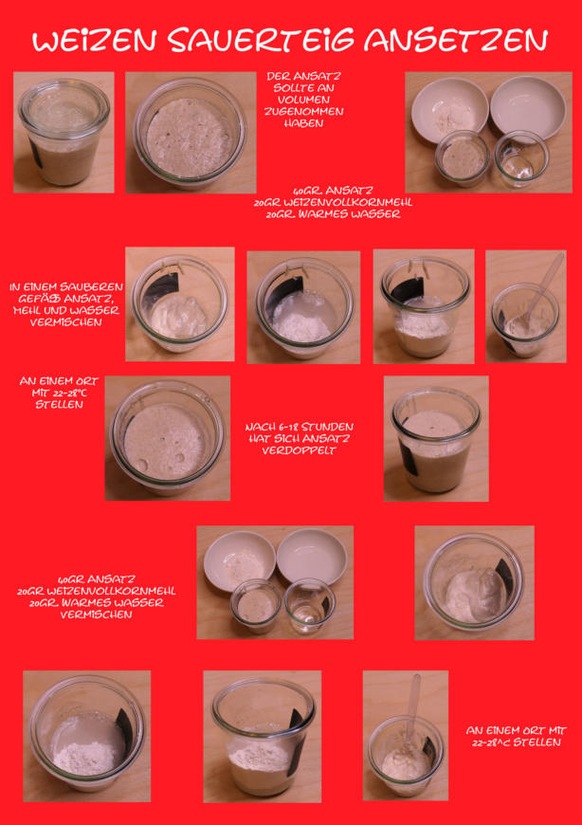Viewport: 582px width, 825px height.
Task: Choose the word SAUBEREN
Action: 97,287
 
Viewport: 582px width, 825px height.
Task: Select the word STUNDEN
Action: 331,427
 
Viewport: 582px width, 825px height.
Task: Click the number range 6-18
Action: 289,427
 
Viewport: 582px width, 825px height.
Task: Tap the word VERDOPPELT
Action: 299,450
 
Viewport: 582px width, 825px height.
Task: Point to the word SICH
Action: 284,438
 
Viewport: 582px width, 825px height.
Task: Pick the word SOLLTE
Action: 292,88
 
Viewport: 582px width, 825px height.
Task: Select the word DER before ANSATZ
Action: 278,76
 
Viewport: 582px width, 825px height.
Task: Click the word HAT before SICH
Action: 259,438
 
